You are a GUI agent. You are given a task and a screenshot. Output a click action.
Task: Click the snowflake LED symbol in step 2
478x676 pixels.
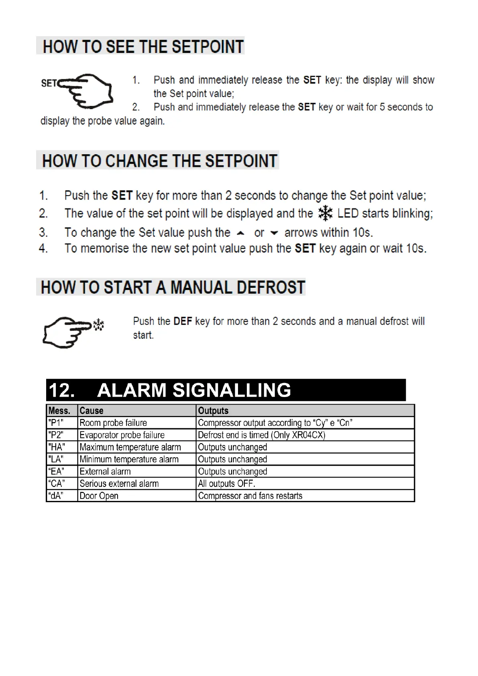325,213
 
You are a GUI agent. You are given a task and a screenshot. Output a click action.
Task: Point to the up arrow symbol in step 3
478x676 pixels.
240,233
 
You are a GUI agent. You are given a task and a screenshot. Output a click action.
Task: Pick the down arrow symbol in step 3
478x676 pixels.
275,233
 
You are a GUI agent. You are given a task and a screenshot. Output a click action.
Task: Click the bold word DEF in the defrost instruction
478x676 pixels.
183,321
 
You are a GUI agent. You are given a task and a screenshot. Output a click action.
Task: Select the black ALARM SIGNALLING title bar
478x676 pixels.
226,390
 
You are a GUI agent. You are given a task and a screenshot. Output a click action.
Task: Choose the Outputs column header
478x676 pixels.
305,411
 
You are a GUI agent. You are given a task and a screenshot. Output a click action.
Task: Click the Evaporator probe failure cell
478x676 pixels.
136,435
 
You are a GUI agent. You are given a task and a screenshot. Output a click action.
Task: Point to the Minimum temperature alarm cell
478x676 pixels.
136,459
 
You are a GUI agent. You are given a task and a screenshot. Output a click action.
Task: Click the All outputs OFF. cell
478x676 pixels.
305,484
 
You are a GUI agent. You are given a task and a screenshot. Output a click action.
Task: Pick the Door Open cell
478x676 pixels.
136,496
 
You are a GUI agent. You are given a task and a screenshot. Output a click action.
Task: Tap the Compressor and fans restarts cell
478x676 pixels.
305,496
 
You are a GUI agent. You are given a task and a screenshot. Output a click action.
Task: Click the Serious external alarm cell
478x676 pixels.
136,484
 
